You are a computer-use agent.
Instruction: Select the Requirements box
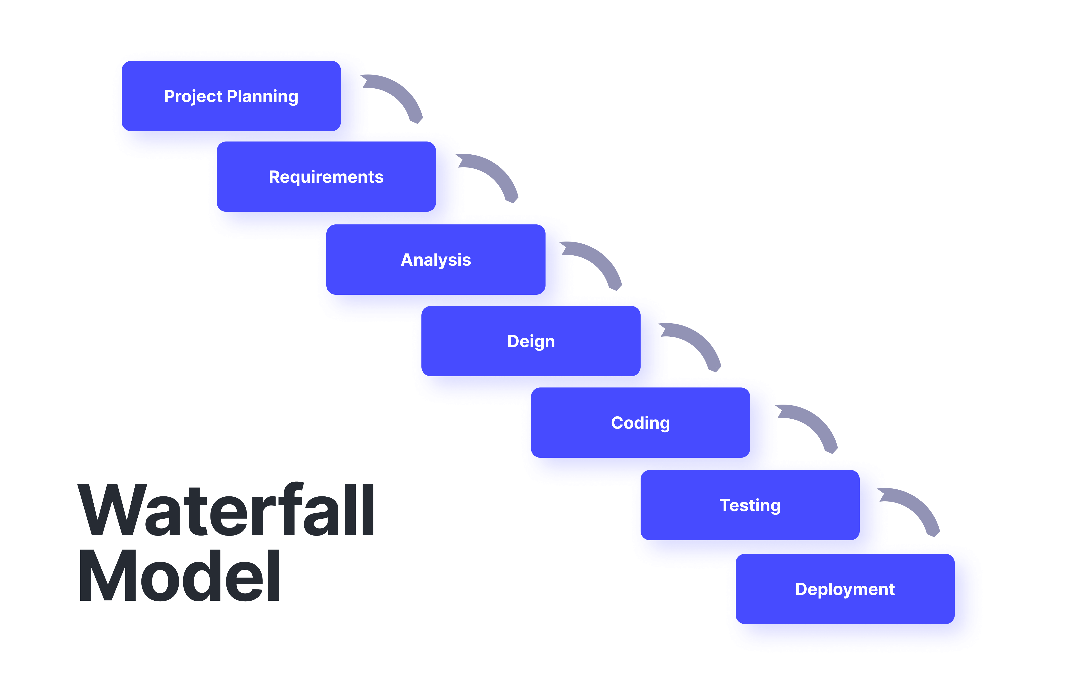(326, 177)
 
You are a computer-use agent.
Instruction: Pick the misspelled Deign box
(531, 341)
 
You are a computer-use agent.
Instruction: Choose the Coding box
(641, 422)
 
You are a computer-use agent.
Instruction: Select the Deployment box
(845, 589)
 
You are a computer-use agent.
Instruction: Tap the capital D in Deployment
(803, 589)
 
